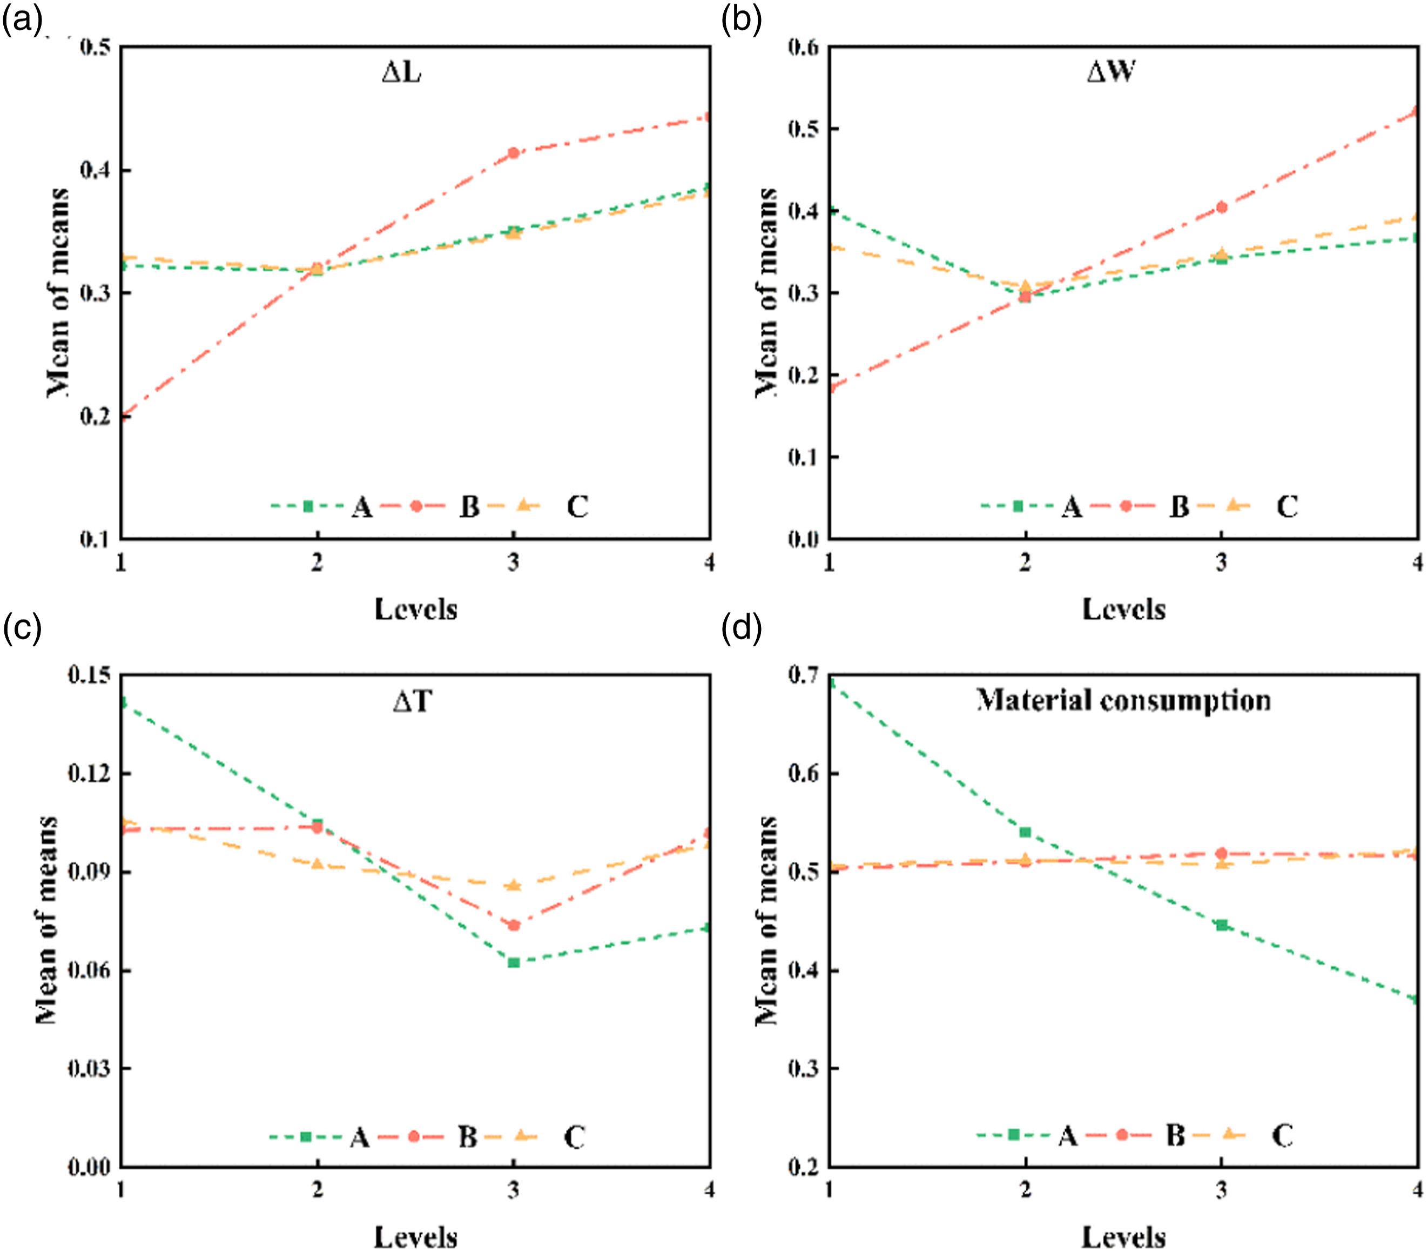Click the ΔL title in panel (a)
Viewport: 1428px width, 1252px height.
(x=401, y=72)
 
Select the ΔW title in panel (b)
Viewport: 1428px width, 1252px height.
(x=1111, y=72)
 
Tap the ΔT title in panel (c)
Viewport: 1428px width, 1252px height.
(x=413, y=701)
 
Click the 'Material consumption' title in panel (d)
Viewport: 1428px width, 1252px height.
(x=1123, y=700)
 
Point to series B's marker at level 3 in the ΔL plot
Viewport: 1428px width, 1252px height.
(x=513, y=153)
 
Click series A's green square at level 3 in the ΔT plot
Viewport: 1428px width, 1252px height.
(x=513, y=962)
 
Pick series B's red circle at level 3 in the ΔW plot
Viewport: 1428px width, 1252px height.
(x=1221, y=207)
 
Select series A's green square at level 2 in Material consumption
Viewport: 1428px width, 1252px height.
(x=1025, y=832)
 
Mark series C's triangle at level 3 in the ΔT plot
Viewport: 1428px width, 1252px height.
(x=513, y=885)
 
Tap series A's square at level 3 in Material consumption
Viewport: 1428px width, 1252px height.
(x=1221, y=925)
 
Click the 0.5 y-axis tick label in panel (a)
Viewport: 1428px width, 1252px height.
(x=95, y=48)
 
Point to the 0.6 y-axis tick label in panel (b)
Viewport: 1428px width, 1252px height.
(x=804, y=48)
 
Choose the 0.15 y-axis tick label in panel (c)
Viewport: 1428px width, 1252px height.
(x=89, y=675)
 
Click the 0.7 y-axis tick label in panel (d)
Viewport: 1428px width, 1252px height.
(x=804, y=675)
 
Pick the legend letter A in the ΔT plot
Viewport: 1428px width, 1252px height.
(x=360, y=1137)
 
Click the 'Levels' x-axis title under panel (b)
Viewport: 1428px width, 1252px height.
(x=1123, y=609)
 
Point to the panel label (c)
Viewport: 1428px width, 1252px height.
(x=22, y=628)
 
